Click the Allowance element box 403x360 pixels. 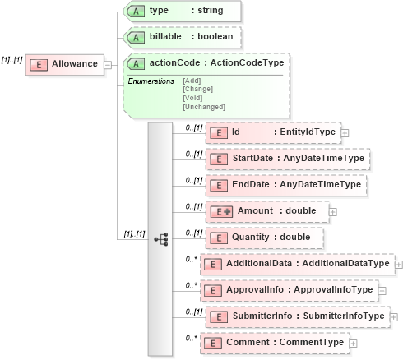[x=65, y=64]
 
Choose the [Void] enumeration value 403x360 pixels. [x=192, y=98]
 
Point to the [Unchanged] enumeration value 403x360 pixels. [x=203, y=107]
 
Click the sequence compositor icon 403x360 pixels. [x=160, y=238]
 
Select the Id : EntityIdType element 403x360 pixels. [x=271, y=132]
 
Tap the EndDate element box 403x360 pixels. [x=285, y=185]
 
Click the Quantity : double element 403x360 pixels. [x=262, y=238]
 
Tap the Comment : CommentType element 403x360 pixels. [x=276, y=343]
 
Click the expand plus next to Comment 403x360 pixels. [x=354, y=344]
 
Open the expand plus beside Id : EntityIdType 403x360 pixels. [x=345, y=132]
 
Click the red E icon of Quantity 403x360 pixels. [x=217, y=238]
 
